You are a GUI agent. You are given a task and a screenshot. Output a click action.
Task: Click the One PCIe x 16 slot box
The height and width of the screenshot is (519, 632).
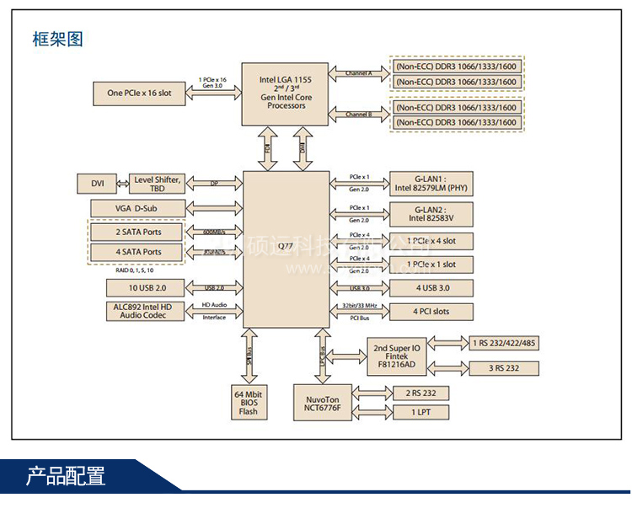pyautogui.click(x=139, y=93)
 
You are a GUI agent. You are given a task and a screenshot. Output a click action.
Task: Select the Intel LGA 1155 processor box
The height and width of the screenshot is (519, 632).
pyautogui.click(x=285, y=92)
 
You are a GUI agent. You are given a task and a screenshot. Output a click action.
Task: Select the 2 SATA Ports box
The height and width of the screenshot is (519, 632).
pyautogui.click(x=138, y=232)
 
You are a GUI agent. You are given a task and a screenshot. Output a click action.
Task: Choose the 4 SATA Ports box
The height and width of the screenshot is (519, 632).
pyautogui.click(x=138, y=252)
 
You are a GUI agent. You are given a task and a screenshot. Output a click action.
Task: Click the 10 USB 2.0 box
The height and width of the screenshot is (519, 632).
pyautogui.click(x=138, y=288)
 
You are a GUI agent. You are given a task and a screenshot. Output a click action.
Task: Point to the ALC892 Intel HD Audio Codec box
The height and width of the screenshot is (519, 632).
pyautogui.click(x=138, y=310)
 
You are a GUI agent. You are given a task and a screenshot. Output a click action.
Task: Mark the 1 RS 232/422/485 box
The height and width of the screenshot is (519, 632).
pyautogui.click(x=502, y=344)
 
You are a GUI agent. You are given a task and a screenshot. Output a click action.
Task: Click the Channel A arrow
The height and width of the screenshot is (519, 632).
pyautogui.click(x=359, y=73)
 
